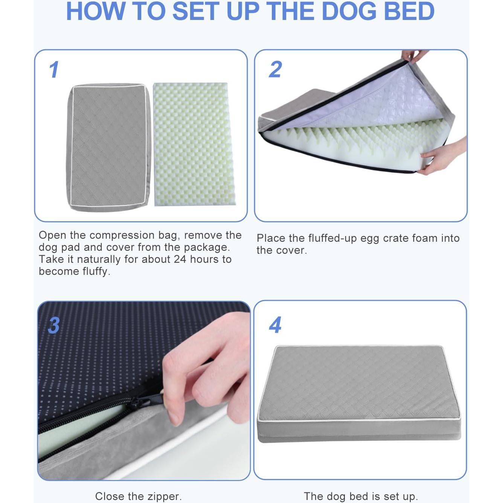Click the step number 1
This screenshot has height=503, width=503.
click(x=54, y=70)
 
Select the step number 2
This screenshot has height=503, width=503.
click(x=275, y=70)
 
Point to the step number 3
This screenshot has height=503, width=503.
click(x=54, y=325)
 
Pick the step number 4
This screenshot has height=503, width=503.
click(x=275, y=325)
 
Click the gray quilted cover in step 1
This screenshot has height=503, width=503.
click(x=108, y=147)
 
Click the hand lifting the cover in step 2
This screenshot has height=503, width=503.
click(x=414, y=55)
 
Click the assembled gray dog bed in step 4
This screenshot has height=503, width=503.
click(x=360, y=392)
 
